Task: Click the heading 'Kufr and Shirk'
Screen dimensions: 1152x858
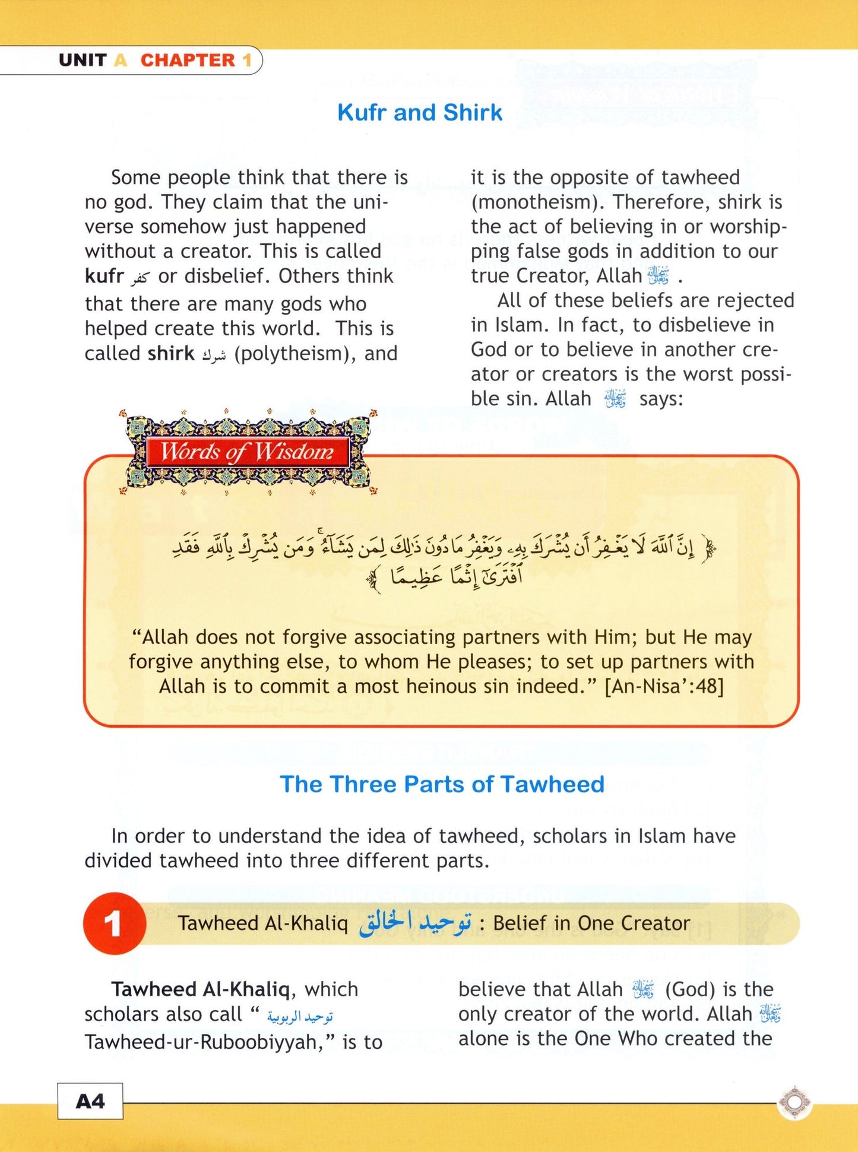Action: pyautogui.click(x=419, y=113)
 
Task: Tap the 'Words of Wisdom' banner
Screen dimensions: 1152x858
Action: pyautogui.click(x=247, y=452)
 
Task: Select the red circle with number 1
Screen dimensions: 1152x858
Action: pyautogui.click(x=114, y=923)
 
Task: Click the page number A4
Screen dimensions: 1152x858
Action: pyautogui.click(x=90, y=1102)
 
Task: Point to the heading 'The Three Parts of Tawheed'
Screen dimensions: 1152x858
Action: pyautogui.click(x=442, y=784)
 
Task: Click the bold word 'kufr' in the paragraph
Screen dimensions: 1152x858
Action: pyautogui.click(x=104, y=276)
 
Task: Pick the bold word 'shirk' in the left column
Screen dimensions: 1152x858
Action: pyautogui.click(x=171, y=354)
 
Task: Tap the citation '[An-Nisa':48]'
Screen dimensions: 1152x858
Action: pyautogui.click(x=664, y=687)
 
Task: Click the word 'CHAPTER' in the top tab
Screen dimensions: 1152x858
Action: pyautogui.click(x=188, y=61)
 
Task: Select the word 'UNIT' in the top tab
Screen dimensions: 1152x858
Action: pyautogui.click(x=83, y=61)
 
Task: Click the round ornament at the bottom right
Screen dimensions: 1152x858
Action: pyautogui.click(x=794, y=1102)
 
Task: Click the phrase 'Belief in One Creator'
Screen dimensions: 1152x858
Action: pyautogui.click(x=591, y=923)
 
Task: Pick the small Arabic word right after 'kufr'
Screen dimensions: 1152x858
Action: pyautogui.click(x=141, y=277)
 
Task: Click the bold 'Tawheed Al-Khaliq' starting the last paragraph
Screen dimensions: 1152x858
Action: pyautogui.click(x=201, y=989)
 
